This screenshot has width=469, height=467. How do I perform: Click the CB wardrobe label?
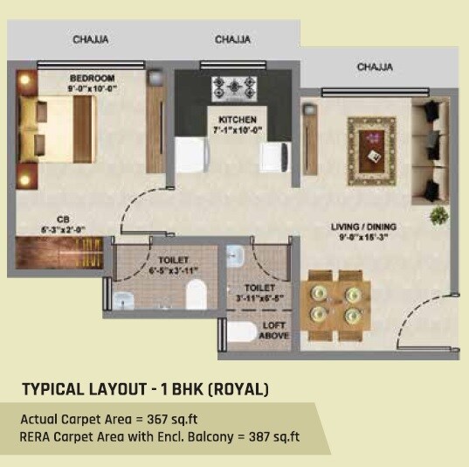coord(62,220)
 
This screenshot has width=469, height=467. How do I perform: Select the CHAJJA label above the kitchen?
coord(232,39)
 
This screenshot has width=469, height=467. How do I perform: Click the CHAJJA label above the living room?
coord(375,66)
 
